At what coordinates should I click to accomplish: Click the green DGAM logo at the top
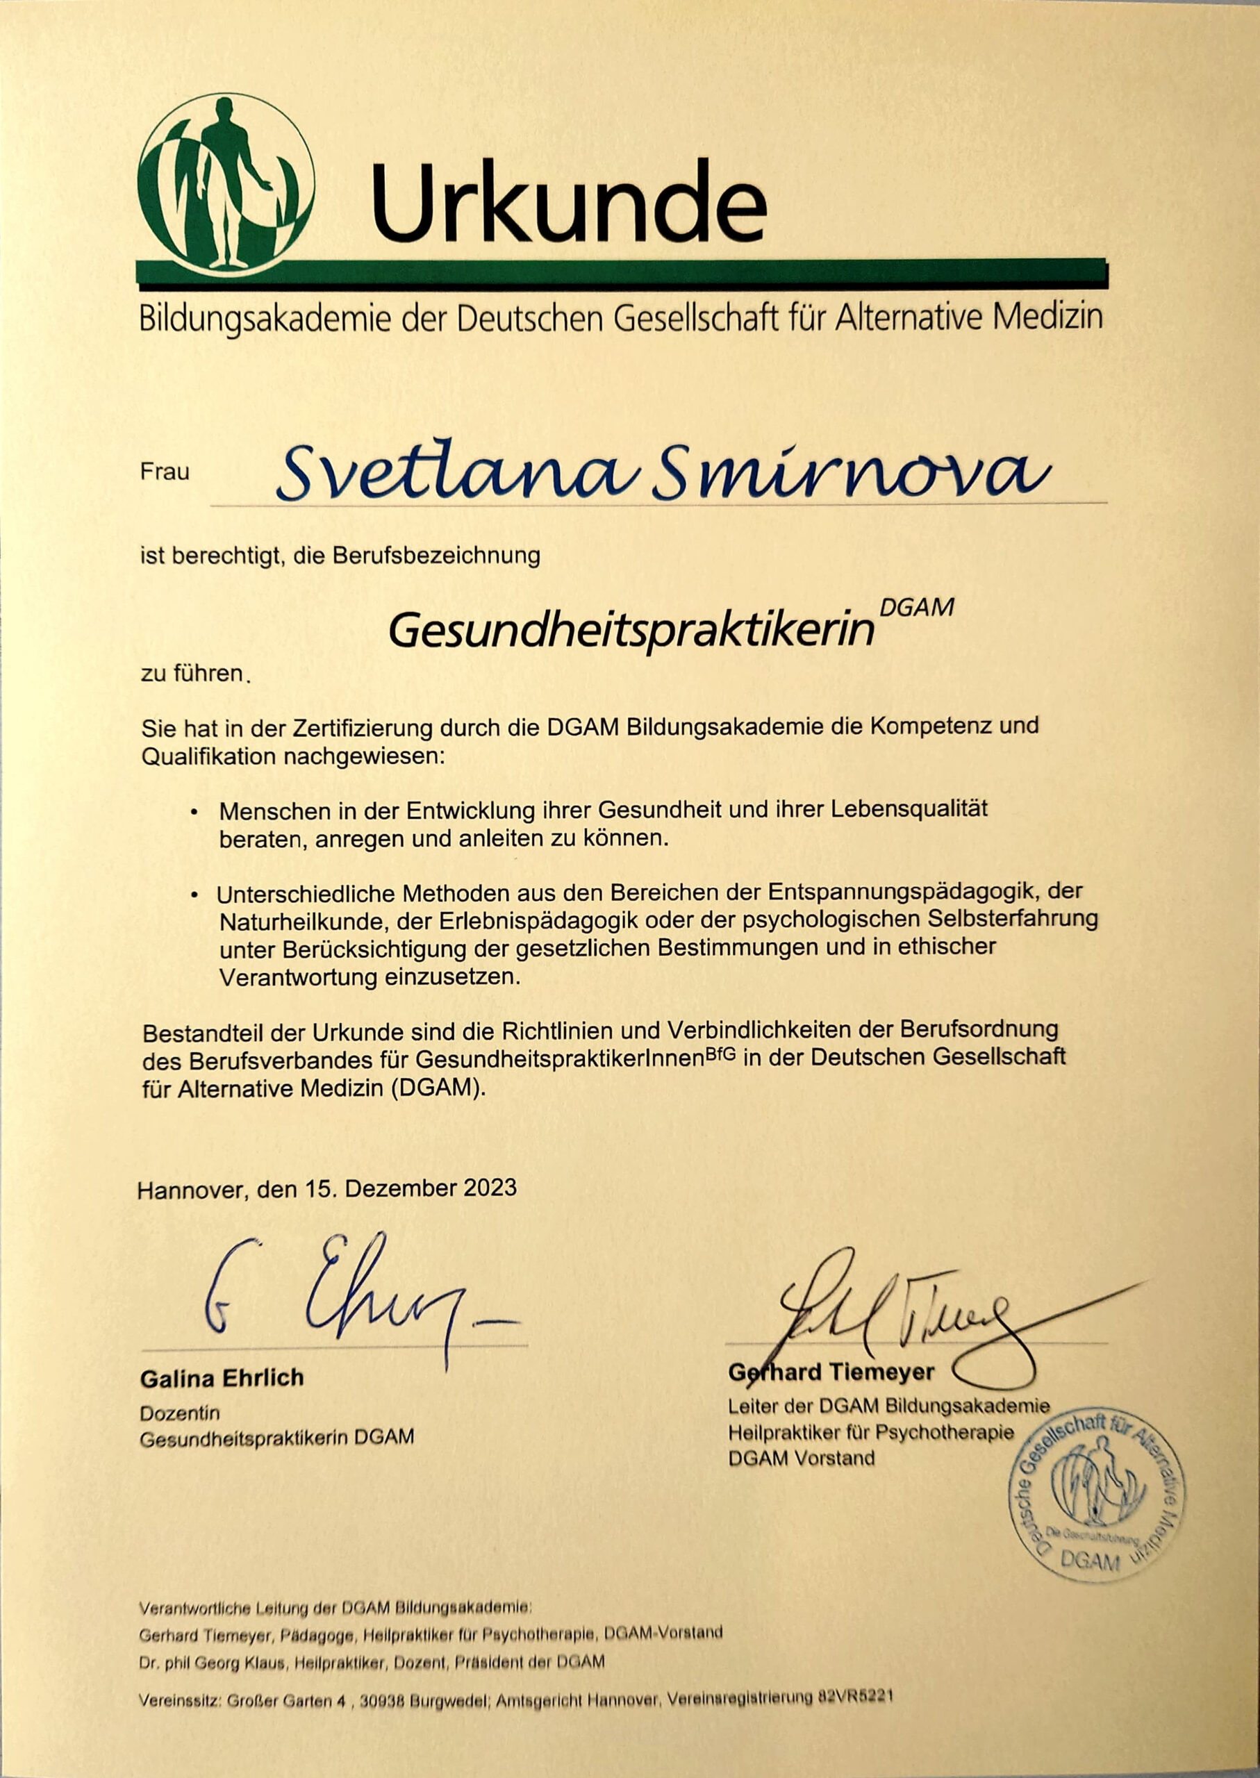(226, 181)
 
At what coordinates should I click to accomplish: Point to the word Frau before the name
(165, 472)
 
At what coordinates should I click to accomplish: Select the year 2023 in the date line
(490, 1188)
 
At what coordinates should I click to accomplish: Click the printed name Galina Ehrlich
(222, 1379)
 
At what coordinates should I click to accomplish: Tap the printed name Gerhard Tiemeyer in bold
(831, 1372)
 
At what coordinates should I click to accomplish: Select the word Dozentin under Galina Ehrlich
(180, 1413)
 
